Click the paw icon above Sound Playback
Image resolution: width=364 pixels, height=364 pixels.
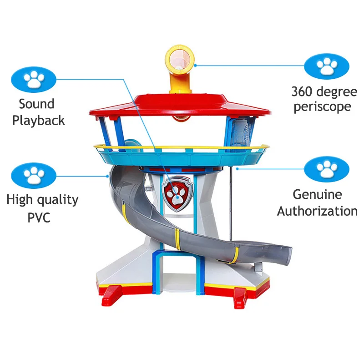(x=34, y=79)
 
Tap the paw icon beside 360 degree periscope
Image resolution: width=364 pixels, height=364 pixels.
(x=327, y=66)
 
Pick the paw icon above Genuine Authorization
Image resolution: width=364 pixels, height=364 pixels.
(x=327, y=169)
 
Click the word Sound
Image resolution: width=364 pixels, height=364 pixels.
(x=36, y=104)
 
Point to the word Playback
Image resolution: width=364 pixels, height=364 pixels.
(x=39, y=121)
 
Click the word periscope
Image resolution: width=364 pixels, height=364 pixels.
(x=322, y=107)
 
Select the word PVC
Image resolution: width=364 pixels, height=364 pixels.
(x=38, y=217)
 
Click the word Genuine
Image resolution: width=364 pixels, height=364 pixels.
(x=317, y=195)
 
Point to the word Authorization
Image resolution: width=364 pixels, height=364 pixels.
(x=317, y=211)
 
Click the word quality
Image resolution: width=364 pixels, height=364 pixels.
(x=56, y=200)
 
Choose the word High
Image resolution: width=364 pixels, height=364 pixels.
(x=19, y=200)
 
